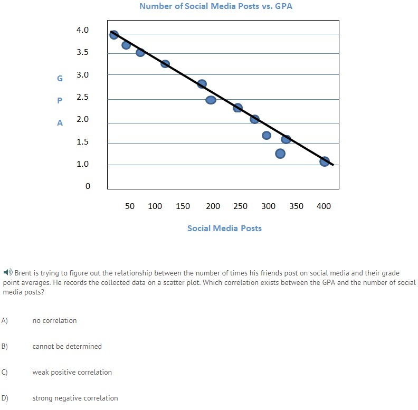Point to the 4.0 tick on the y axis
coord(82,30)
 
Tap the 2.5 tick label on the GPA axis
coord(82,97)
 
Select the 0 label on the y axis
coord(88,186)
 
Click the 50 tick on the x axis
coord(130,206)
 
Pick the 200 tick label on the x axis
coord(213,206)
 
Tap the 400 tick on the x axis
coord(324,206)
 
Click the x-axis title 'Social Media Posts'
coord(224,228)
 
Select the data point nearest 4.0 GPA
coord(114,35)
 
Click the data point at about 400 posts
coord(325,161)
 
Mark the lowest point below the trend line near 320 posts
coord(280,154)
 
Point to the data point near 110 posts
coord(165,64)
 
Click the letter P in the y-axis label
coord(60,100)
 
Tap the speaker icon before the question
coord(7,273)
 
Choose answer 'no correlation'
coord(54,320)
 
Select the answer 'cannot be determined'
coord(67,346)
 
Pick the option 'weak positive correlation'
coord(72,372)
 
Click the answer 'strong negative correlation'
coord(75,398)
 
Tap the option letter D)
coord(5,398)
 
